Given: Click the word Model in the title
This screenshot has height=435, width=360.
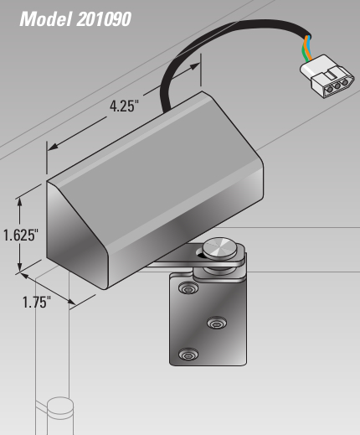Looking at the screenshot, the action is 45,19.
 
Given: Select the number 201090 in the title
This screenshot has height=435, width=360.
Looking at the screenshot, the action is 103,19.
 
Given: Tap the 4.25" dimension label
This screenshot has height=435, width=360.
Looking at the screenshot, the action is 124,106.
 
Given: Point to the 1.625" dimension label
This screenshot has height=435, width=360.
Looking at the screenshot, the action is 20,235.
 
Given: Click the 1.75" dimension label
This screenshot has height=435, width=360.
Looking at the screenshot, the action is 37,302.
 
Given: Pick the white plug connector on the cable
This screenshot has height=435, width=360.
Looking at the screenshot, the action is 327,77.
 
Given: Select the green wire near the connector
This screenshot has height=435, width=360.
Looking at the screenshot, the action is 304,52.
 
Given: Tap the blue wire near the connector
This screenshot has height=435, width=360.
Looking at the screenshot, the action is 309,46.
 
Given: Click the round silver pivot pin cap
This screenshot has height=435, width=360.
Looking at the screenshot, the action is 219,248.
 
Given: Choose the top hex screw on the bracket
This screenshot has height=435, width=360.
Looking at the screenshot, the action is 188,287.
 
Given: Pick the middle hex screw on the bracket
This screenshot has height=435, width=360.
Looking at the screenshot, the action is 217,323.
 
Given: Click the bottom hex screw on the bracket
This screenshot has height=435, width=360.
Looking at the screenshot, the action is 188,355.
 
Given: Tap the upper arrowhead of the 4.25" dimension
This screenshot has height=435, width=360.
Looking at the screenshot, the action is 194,66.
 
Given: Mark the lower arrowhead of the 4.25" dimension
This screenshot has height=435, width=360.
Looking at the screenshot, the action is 53,147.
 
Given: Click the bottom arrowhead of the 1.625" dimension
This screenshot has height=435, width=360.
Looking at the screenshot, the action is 19,266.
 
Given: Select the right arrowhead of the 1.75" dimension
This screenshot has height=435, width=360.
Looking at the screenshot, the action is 71,302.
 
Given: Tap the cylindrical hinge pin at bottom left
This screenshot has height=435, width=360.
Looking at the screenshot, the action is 60,416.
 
